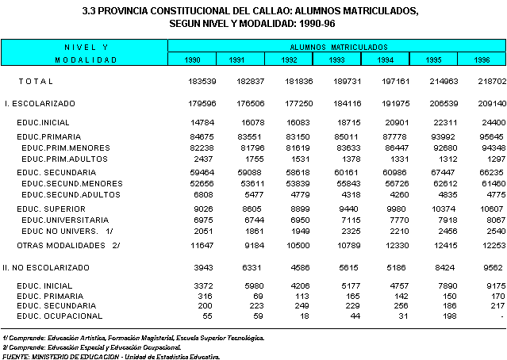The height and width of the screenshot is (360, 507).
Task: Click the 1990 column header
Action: pos(192,59)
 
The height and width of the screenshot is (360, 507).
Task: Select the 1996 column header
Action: pos(482,59)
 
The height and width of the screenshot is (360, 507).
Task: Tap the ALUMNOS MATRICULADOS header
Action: pos(336,48)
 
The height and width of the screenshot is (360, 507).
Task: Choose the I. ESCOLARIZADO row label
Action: pos(40,103)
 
